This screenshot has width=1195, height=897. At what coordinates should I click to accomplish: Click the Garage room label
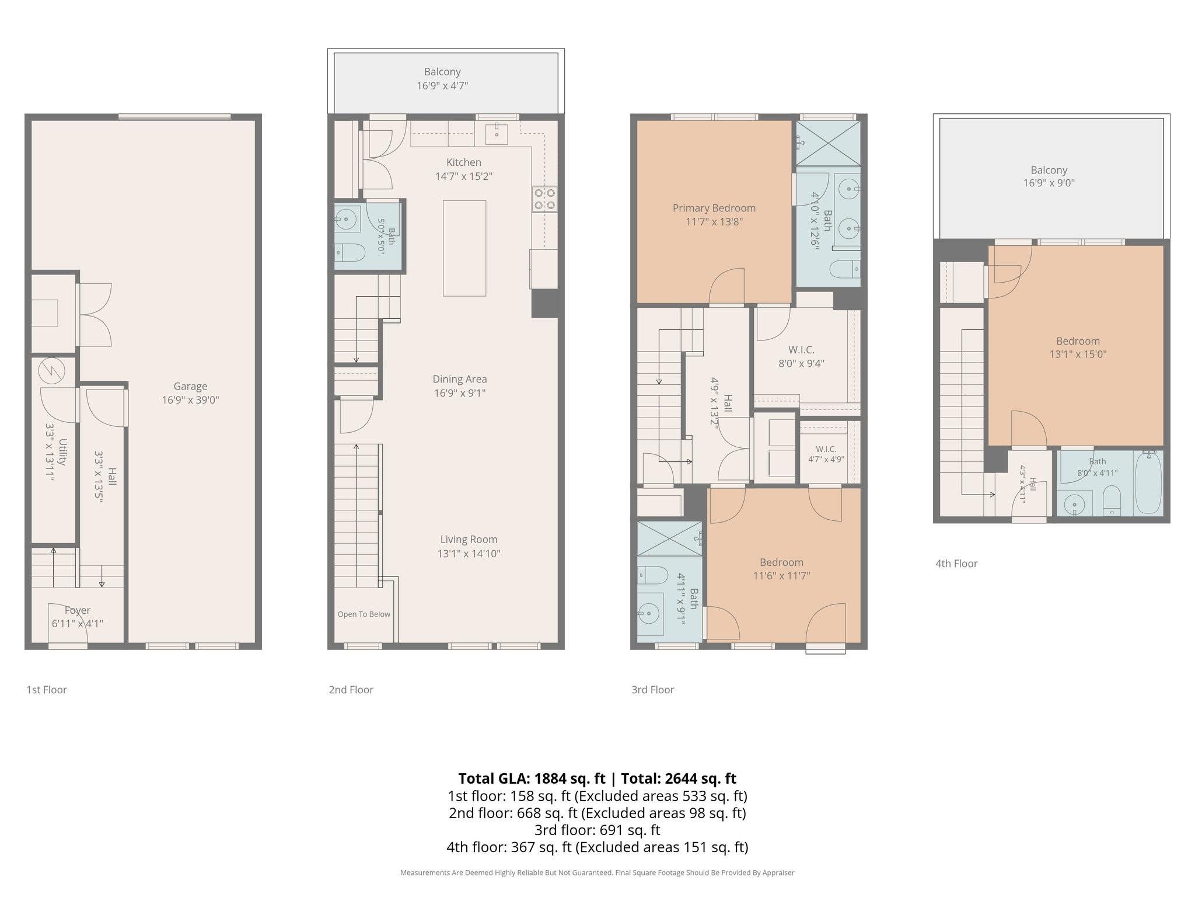pos(190,386)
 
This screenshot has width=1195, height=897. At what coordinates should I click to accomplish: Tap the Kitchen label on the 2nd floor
pos(464,162)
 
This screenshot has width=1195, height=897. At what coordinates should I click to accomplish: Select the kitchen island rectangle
pos(464,248)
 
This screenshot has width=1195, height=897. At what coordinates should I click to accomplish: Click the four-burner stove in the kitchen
pos(544,199)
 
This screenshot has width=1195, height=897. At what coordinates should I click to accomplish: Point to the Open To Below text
pos(364,614)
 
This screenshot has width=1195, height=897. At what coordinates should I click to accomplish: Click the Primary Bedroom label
pos(714,208)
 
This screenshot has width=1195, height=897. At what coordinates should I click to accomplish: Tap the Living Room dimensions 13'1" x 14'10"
pos(469,554)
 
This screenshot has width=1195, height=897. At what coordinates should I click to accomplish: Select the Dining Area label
pos(460,379)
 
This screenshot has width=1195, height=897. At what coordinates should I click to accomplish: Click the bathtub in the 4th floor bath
pos(1148,482)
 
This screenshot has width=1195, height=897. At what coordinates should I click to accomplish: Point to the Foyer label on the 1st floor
pos(78,610)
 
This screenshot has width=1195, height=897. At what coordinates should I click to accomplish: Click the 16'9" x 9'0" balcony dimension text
pos(1049,183)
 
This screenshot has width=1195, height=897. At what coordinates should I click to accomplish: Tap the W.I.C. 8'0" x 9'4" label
pos(802,356)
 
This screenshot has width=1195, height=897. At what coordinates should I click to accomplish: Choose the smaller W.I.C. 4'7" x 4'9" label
pos(826,454)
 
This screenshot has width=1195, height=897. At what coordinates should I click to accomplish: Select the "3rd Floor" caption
pos(652,690)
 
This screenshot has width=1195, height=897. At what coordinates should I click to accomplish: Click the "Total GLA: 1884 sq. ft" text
pos(532,778)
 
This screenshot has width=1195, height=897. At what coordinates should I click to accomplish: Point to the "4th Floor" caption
pos(956,564)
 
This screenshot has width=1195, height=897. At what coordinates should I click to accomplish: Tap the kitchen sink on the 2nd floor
pos(497,134)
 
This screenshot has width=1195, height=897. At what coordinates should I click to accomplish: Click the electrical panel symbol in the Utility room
pos(51,370)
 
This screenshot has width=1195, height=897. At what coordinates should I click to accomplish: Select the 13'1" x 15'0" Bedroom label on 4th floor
pos(1078,347)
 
